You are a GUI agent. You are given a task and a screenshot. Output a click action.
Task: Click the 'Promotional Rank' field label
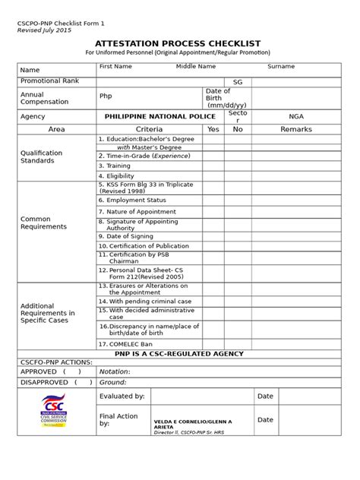coord(49,81)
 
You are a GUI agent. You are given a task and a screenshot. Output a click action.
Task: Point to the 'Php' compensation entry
coord(106,96)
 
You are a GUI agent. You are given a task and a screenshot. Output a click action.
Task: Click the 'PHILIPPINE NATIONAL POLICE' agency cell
coord(148,117)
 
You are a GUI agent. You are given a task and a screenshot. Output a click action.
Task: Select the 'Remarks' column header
coord(295,130)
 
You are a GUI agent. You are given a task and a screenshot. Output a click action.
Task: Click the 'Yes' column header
coord(213,130)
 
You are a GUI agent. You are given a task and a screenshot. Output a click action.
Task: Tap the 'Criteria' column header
coord(148,130)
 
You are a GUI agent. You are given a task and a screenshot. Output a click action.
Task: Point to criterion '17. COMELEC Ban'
coord(128,343)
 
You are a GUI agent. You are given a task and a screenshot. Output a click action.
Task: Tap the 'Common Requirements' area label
coord(43,223)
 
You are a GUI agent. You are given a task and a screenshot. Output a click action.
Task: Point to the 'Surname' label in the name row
coord(280,67)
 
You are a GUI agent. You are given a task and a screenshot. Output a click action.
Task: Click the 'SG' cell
coord(238,81)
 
